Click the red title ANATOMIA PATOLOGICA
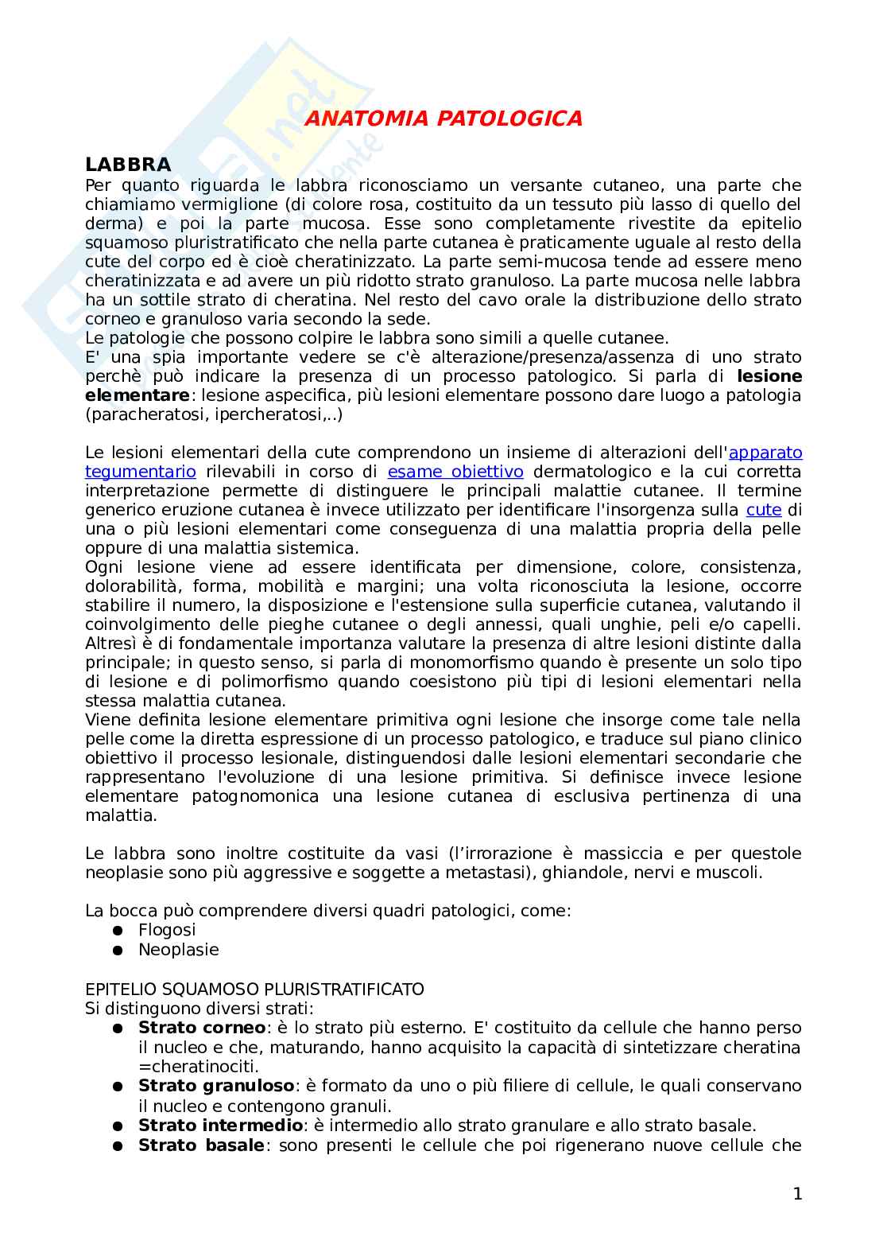point(443,119)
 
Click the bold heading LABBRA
point(128,165)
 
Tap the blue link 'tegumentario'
point(140,472)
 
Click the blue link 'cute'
point(764,510)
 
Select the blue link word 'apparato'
point(765,453)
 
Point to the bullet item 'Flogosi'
point(167,930)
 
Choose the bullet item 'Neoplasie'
point(178,950)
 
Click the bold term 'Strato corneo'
point(202,1028)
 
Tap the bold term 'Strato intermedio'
point(221,1126)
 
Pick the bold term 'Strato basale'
point(201,1145)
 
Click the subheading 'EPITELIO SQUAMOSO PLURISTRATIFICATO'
point(254,990)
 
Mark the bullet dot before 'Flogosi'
point(118,930)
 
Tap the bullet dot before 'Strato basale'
point(118,1145)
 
